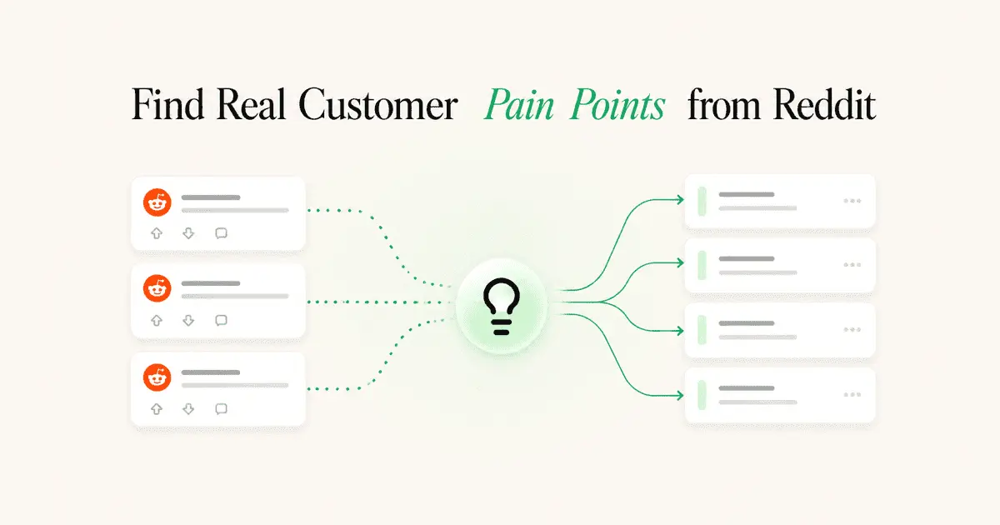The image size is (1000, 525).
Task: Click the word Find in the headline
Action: tap(167, 104)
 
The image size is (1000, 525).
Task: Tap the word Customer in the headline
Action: tap(378, 104)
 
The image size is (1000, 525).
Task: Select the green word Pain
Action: tap(519, 104)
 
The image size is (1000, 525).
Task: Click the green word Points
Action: tap(617, 104)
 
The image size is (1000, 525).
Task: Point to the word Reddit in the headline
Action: tap(824, 104)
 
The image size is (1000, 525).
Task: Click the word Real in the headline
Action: tap(251, 104)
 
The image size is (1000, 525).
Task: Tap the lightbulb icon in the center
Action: tap(502, 307)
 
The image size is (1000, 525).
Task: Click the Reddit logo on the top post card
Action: tap(157, 202)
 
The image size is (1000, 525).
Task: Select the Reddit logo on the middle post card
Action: tap(157, 288)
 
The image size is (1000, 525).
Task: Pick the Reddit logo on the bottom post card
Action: tap(157, 377)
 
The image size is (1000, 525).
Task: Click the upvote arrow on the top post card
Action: tap(157, 233)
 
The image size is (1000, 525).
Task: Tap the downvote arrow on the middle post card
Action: tap(188, 320)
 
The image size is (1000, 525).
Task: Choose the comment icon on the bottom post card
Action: tap(221, 409)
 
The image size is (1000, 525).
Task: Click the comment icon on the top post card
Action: tap(221, 233)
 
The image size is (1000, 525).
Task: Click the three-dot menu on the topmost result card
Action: tap(852, 201)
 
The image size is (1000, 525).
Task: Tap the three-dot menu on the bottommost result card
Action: tap(852, 395)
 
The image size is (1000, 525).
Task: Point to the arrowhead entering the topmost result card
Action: tap(680, 199)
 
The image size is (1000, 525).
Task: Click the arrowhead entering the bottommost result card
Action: tap(680, 395)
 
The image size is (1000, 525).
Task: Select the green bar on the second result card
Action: tap(702, 265)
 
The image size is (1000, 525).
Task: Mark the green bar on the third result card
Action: tap(702, 330)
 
